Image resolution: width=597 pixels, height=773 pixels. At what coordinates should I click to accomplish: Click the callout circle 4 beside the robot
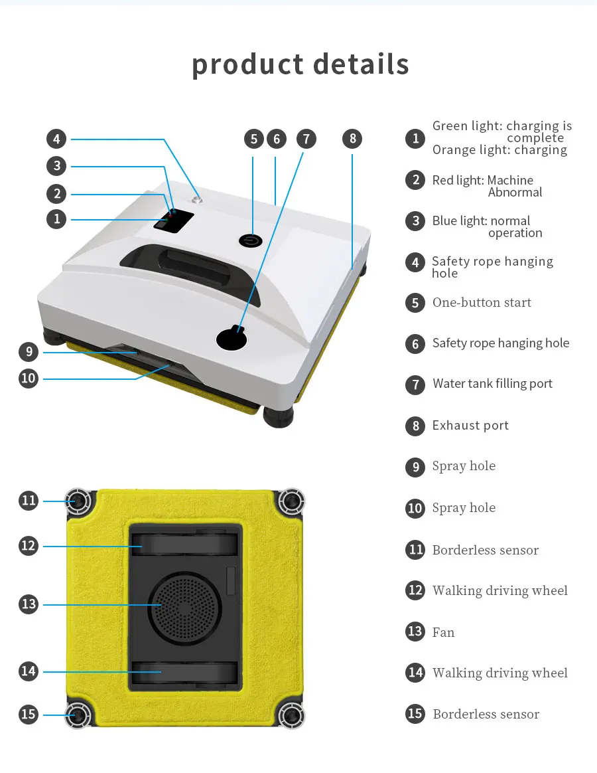tap(56, 139)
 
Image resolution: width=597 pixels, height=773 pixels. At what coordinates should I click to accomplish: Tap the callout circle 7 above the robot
tap(306, 139)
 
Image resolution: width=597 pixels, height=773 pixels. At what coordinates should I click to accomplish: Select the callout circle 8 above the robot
tap(352, 139)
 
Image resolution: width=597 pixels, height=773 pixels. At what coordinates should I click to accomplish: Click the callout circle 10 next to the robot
tap(29, 379)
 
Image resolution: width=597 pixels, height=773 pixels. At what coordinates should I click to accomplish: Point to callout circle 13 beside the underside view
tap(29, 604)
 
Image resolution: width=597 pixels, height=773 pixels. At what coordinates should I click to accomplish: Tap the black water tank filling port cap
tap(232, 339)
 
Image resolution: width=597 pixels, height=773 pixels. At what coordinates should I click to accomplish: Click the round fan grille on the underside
tap(185, 606)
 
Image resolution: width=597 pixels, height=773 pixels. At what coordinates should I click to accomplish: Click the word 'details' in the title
tap(362, 64)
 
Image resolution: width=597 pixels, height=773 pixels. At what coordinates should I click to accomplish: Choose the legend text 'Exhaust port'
tap(470, 425)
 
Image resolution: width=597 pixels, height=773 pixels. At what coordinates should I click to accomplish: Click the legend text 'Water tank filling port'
tap(492, 383)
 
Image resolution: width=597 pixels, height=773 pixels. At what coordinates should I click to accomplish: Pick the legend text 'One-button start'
tap(482, 302)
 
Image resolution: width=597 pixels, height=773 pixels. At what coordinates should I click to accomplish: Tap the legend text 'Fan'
tap(443, 632)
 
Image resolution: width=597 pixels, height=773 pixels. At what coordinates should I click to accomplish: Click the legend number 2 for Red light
tap(415, 180)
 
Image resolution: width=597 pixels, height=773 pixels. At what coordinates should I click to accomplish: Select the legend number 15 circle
tap(415, 714)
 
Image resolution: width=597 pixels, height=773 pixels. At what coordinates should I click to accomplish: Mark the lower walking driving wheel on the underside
tap(185, 672)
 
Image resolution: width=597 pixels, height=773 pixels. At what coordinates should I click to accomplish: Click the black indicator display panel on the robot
tap(174, 220)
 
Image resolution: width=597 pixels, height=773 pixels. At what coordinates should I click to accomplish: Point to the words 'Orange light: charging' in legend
tap(499, 150)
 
